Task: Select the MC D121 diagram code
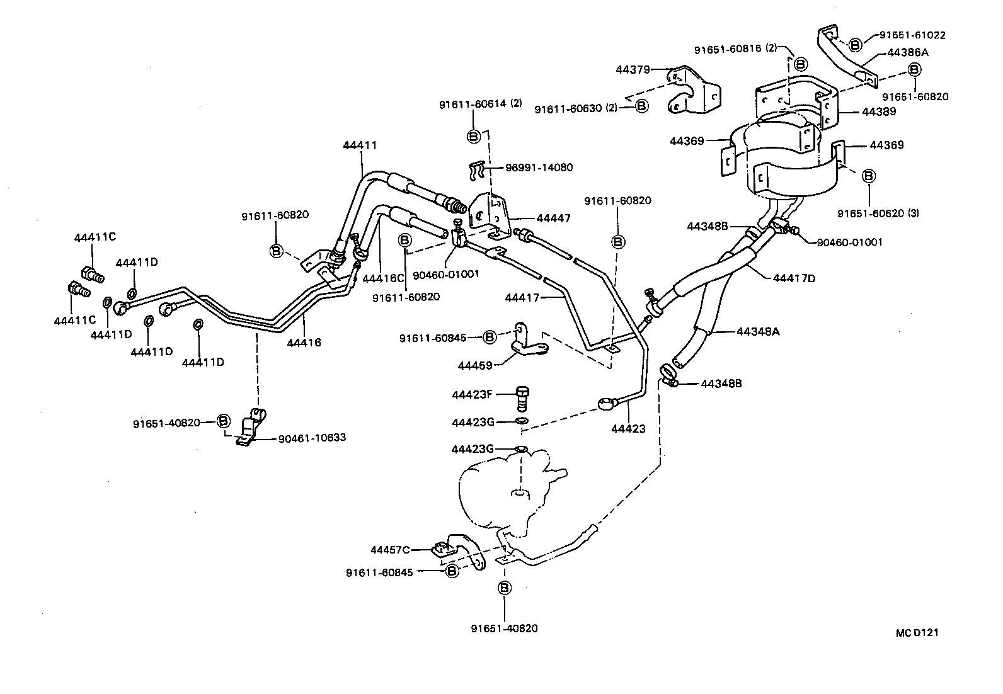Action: click(917, 633)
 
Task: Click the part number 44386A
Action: click(907, 53)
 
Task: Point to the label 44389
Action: click(878, 111)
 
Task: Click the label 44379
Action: click(633, 70)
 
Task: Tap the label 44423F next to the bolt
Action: click(471, 395)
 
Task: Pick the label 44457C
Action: click(390, 550)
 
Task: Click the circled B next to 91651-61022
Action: click(855, 45)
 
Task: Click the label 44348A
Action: click(758, 331)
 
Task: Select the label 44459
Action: click(477, 365)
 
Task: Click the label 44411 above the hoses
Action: click(360, 145)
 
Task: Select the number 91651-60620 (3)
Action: click(878, 213)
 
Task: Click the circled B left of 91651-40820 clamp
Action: click(223, 421)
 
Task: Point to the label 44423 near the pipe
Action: click(628, 429)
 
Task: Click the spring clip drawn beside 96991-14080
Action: click(480, 169)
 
